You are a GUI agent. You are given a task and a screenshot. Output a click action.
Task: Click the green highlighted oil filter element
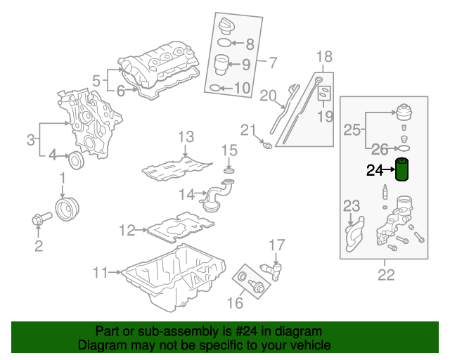coord(401,169)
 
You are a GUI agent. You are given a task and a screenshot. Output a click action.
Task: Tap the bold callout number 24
coord(375,171)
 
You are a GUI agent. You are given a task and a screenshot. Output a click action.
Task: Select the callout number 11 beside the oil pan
coord(100,272)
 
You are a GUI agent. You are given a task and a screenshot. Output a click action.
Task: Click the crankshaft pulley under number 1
coord(67,209)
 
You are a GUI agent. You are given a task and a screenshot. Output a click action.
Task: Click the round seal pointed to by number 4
coord(77,160)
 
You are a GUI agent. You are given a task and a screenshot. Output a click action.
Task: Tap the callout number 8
coord(250,44)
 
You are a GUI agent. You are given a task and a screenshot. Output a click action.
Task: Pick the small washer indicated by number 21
coord(267,146)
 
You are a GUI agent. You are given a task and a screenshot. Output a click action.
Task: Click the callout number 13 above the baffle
coord(186,137)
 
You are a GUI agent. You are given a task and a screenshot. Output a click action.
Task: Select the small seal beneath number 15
coord(229,171)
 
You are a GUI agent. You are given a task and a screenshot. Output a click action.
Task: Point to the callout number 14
coord(187,194)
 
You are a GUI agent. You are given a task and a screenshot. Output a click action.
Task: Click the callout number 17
coord(276,245)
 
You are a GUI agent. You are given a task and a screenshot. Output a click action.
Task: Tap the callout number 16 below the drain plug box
coord(235,302)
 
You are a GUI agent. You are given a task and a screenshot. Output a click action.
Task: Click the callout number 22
coord(386,275)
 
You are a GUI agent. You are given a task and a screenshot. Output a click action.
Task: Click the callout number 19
coord(325,116)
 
